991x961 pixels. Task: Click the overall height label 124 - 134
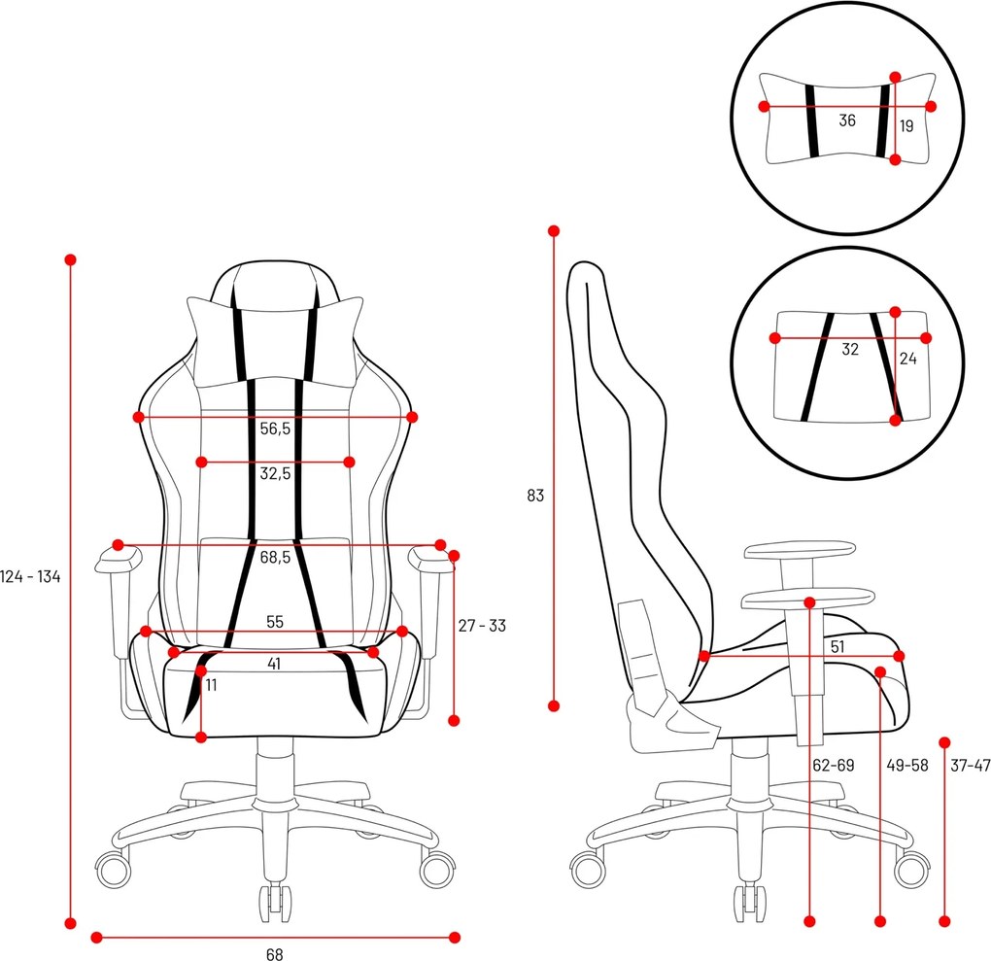31,577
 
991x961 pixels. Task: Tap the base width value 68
275,954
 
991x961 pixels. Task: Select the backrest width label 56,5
275,429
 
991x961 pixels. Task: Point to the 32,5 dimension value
275,474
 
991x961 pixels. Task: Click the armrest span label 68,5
276,558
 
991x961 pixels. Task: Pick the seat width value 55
275,621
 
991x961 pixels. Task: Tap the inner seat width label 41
275,665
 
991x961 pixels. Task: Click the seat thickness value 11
212,685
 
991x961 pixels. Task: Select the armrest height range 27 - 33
482,626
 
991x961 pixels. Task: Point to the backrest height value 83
535,496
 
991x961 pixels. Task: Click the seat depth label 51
837,645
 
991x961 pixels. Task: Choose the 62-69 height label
833,766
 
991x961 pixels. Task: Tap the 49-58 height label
907,766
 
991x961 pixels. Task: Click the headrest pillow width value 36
847,120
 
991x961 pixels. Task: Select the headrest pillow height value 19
906,126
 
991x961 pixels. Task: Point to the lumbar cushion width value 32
850,350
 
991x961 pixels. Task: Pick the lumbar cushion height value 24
907,358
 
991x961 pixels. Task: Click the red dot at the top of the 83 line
554,231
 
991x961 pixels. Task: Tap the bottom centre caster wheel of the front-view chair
275,896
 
